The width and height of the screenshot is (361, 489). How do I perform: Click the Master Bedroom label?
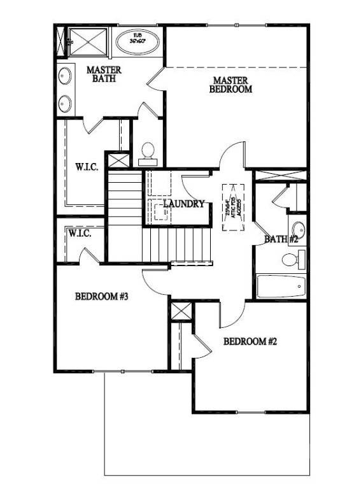click(230, 85)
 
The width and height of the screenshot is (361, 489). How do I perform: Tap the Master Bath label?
click(103, 74)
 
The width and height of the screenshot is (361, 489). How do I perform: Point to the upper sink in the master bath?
click(65, 77)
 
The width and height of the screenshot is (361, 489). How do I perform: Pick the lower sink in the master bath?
click(65, 103)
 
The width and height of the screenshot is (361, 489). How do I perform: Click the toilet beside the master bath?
click(147, 151)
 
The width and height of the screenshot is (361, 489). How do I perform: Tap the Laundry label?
click(183, 204)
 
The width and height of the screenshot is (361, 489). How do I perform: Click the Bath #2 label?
click(281, 239)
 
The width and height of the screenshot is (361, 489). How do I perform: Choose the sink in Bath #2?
click(298, 229)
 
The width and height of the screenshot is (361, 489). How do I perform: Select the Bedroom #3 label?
click(102, 296)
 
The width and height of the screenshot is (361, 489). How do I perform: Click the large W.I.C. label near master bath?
click(87, 167)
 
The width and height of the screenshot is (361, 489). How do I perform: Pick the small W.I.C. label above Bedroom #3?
click(80, 234)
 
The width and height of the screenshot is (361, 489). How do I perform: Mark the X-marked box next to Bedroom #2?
click(181, 312)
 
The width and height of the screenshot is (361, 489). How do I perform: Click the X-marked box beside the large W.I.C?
click(117, 160)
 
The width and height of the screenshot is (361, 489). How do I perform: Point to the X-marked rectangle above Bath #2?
click(280, 174)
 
